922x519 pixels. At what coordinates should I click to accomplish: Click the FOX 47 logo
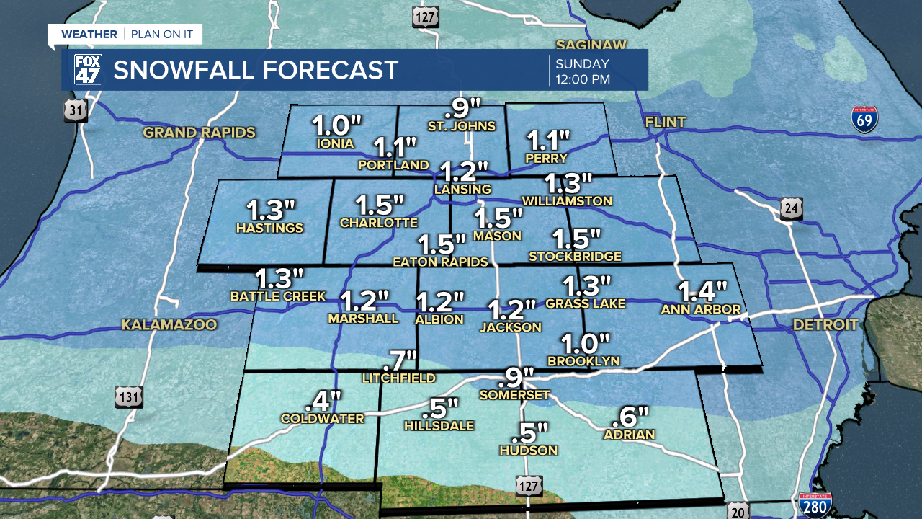click(x=88, y=70)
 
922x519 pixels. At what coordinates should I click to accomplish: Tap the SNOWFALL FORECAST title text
click(x=256, y=70)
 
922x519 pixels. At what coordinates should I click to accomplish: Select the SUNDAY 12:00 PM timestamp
click(x=583, y=71)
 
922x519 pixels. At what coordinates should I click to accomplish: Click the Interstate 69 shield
click(x=864, y=120)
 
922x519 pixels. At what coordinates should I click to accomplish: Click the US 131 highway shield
click(x=129, y=396)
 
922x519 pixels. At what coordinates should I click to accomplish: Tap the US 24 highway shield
click(x=791, y=209)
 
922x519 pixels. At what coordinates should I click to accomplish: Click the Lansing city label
click(x=462, y=190)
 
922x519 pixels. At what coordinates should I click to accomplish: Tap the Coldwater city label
click(x=322, y=419)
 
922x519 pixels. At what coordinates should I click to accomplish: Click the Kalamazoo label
click(x=169, y=325)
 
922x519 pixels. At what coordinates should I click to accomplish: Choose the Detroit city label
click(x=825, y=325)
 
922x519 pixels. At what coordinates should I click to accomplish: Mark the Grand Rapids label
click(x=200, y=133)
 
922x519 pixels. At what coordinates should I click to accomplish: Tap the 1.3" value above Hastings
click(x=271, y=210)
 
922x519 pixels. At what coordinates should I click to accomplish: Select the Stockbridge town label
click(x=575, y=257)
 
